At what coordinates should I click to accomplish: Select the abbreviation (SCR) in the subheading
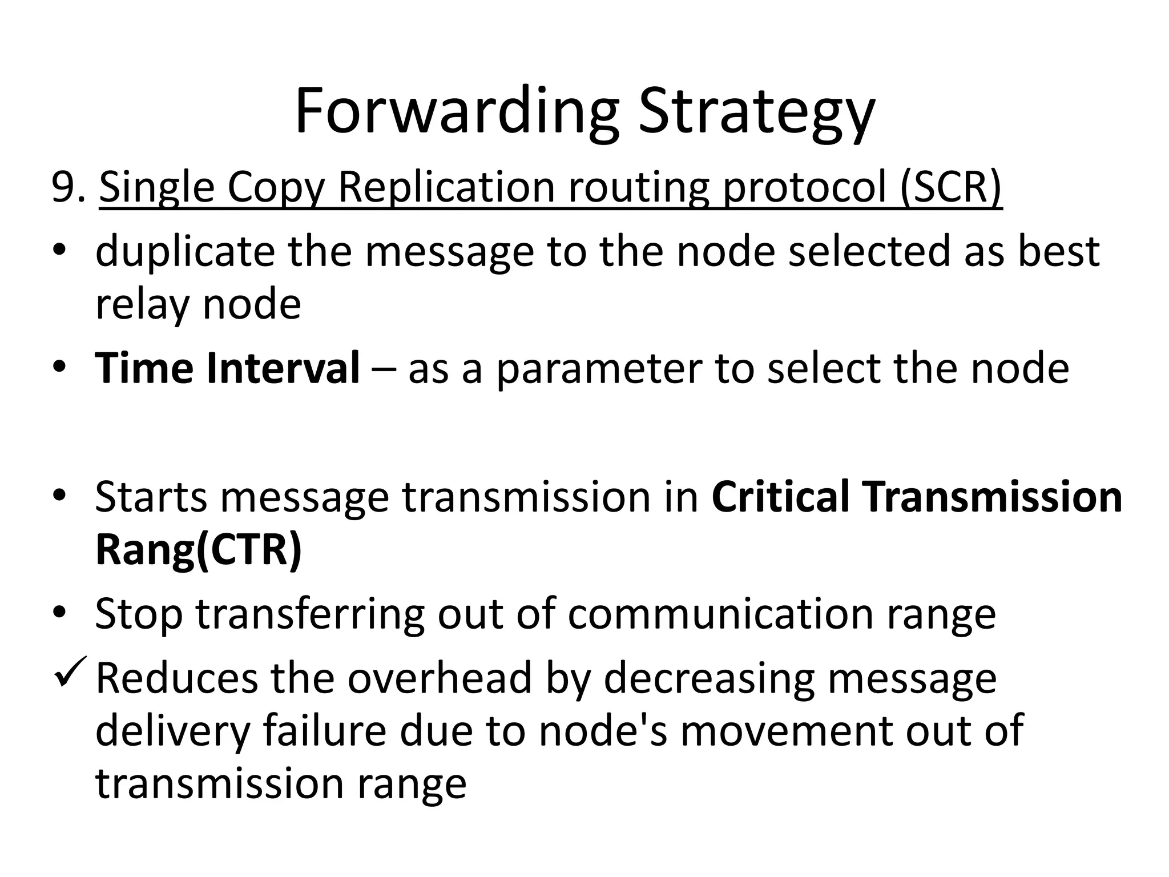click(x=950, y=187)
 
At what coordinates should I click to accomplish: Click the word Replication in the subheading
click(x=446, y=187)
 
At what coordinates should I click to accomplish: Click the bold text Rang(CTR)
click(x=198, y=550)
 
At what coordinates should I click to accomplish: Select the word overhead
click(x=440, y=678)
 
